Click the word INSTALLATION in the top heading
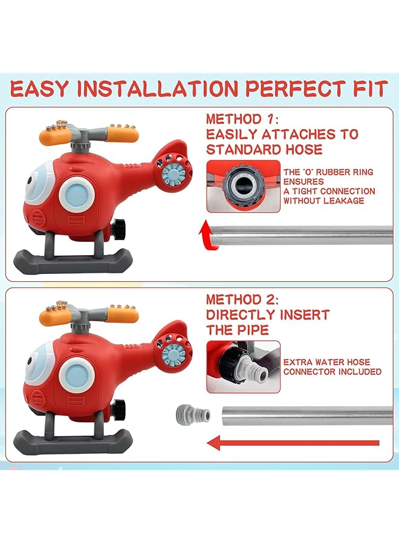click(157, 89)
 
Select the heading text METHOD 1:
click(244, 119)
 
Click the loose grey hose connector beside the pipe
click(192, 414)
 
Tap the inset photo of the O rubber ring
click(243, 186)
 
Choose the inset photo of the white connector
click(243, 366)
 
